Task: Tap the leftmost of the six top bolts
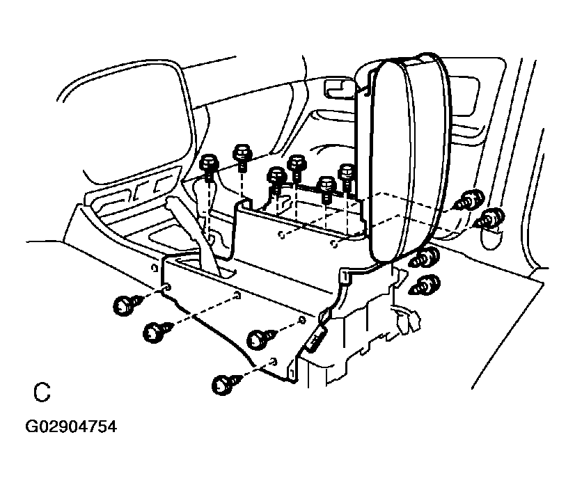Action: (x=210, y=166)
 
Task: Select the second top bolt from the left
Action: (x=242, y=153)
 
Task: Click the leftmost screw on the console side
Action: (x=125, y=303)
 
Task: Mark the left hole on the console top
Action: (x=280, y=235)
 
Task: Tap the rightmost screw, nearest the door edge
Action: (x=491, y=218)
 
